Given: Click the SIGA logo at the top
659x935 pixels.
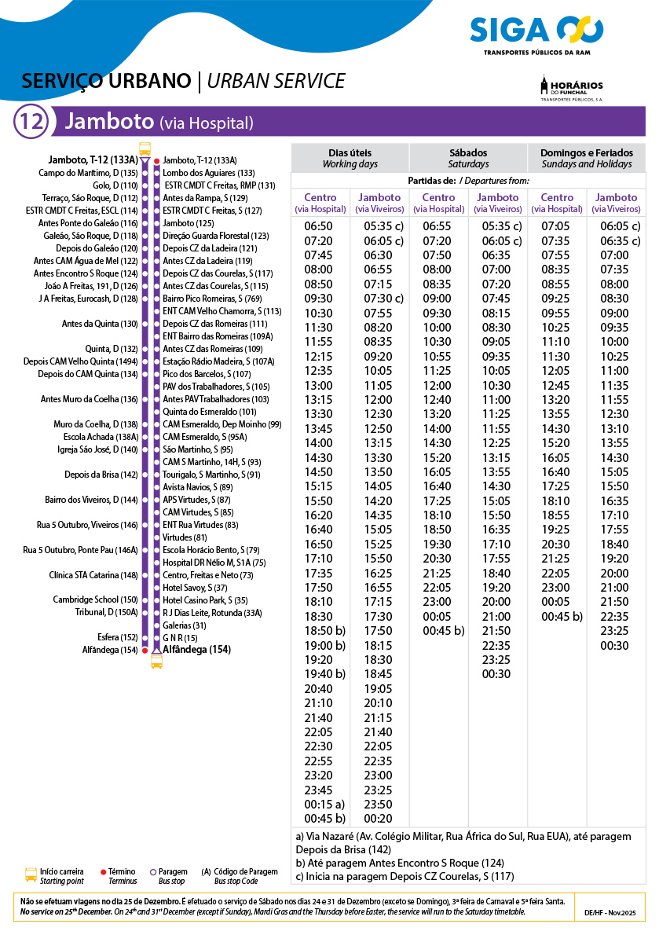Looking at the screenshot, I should pyautogui.click(x=536, y=31).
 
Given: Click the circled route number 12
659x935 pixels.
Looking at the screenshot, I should pyautogui.click(x=32, y=122).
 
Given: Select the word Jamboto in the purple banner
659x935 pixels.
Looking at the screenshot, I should pyautogui.click(x=108, y=122).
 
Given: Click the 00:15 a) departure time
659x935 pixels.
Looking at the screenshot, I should pyautogui.click(x=324, y=805).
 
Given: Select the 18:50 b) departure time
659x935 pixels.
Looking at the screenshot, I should pyautogui.click(x=324, y=631).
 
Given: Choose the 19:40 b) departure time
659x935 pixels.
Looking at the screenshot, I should pyautogui.click(x=324, y=674).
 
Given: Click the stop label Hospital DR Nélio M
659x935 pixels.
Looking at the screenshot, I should pyautogui.click(x=214, y=563).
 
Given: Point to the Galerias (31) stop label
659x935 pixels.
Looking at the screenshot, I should pyautogui.click(x=185, y=625).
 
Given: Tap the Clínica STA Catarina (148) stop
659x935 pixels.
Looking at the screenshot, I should pyautogui.click(x=93, y=575).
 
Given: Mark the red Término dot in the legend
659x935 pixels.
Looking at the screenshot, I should pyautogui.click(x=104, y=872).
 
